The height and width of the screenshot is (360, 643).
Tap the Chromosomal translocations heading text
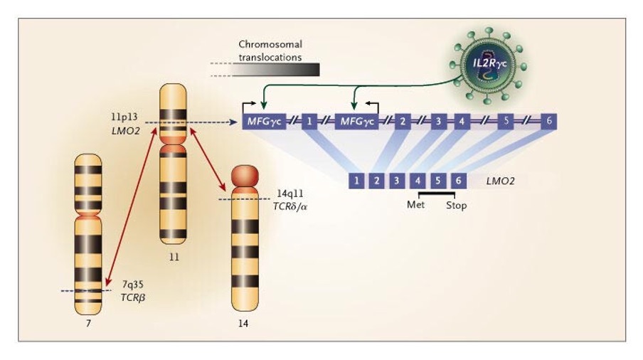tap(270, 51)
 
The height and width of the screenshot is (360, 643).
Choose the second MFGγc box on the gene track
tap(359, 121)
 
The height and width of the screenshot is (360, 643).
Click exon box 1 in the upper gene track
tap(309, 121)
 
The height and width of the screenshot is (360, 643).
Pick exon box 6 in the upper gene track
tap(549, 121)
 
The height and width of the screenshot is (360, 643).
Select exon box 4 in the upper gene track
tap(461, 121)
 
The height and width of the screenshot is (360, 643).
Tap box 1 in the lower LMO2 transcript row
tap(356, 181)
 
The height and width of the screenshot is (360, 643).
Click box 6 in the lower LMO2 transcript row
tap(459, 181)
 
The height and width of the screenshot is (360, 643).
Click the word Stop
tap(456, 206)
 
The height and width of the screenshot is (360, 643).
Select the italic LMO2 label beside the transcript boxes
tap(500, 181)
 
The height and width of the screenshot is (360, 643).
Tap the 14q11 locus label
tap(290, 194)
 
